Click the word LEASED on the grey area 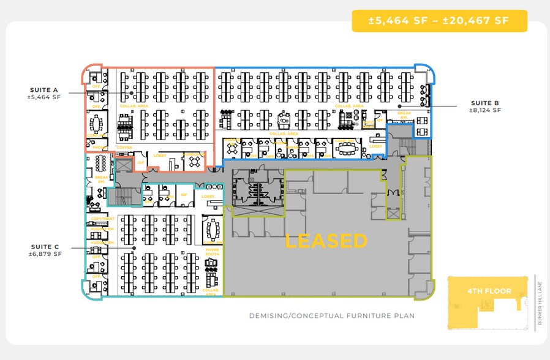pos(326,241)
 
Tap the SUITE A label pos(44,90)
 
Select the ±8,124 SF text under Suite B pos(485,110)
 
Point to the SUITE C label pos(45,247)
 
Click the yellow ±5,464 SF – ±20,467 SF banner pos(439,21)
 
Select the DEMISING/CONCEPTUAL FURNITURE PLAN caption pos(331,316)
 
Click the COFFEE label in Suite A pos(124,147)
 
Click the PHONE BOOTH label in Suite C pos(213,251)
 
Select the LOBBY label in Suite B pos(375,146)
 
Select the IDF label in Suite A pos(141,162)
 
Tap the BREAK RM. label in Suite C pos(101,179)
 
